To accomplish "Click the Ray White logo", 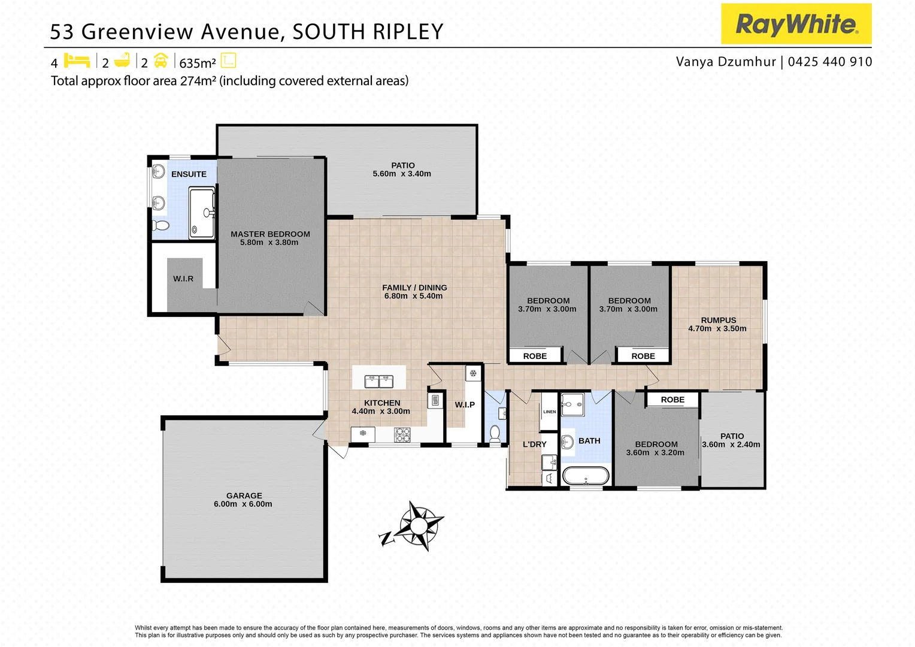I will [796, 24].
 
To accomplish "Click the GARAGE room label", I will [244, 495].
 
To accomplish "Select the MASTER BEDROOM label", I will [270, 234].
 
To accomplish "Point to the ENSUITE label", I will [189, 174].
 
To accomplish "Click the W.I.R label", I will [183, 279].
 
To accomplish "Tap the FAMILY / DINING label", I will [414, 288].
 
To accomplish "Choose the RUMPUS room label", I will [718, 320].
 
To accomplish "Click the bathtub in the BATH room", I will [585, 476].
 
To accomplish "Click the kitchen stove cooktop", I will [402, 434].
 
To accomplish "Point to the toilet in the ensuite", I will [160, 226].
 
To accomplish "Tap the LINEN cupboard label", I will [549, 412].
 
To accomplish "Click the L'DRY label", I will [534, 444].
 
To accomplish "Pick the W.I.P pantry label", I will [465, 404].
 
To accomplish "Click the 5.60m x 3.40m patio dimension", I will [402, 174].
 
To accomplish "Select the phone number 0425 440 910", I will [829, 62].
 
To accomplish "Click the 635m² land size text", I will [197, 63].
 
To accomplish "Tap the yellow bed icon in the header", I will [77, 61].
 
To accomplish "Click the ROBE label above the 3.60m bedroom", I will [672, 400].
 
